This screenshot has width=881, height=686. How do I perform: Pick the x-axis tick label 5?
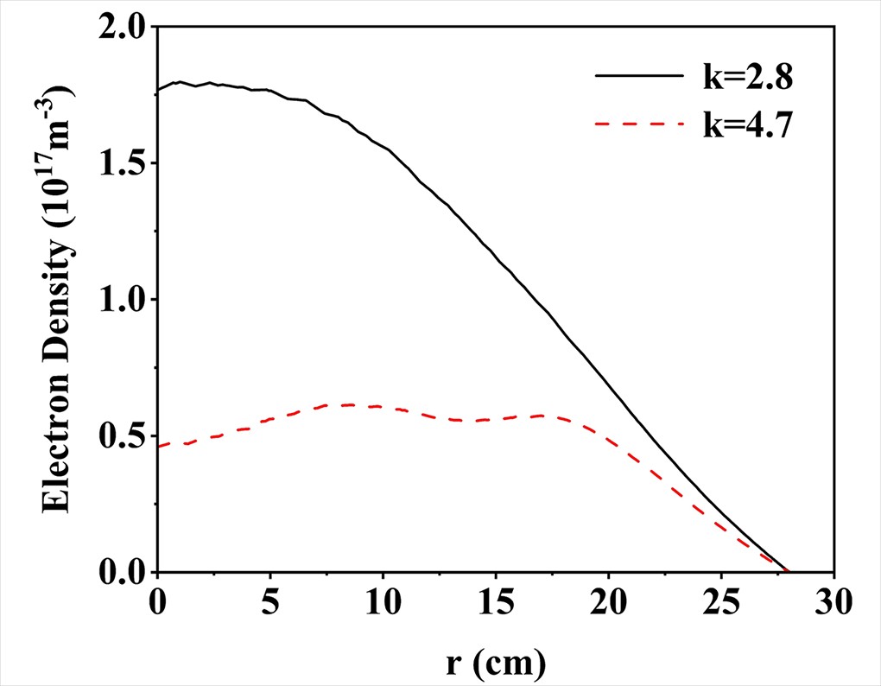269,598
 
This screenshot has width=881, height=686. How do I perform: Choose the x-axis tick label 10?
382,598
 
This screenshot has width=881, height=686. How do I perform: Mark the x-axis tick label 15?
495,598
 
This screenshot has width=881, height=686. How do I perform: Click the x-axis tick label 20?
608,598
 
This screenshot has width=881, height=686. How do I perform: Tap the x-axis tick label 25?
720,598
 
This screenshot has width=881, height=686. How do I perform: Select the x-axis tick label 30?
833,598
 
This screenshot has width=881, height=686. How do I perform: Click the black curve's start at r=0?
157,89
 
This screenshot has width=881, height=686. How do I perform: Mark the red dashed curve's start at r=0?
157,446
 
